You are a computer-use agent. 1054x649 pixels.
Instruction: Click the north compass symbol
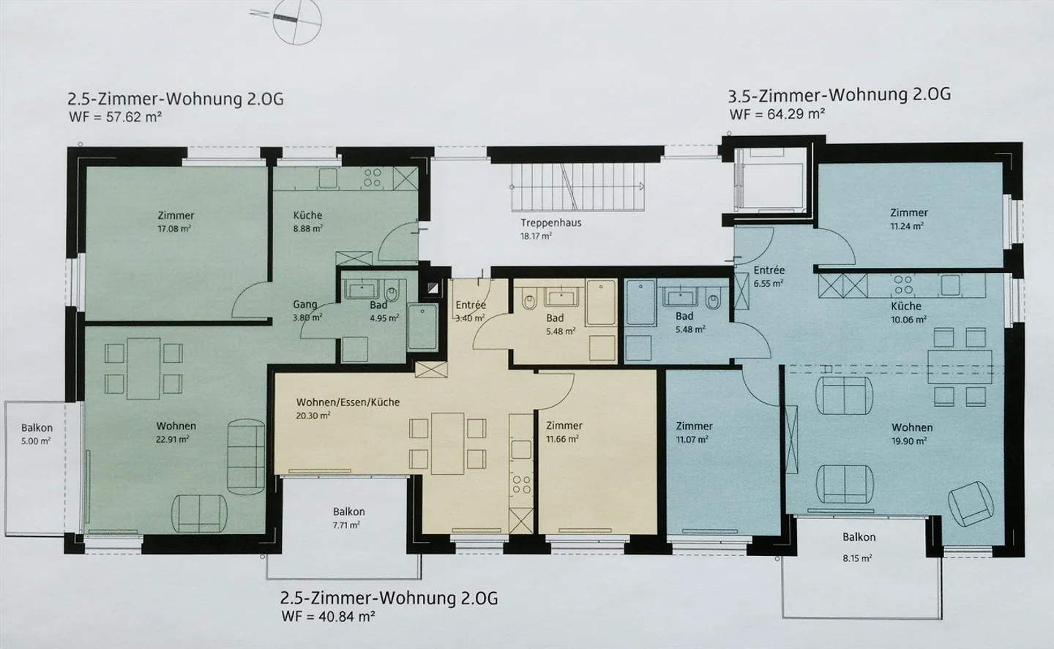[296, 20]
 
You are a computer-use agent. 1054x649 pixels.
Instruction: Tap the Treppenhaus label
[550, 223]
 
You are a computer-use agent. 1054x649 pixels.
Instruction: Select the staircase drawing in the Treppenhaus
[577, 187]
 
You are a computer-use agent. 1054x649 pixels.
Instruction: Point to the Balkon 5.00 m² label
[37, 434]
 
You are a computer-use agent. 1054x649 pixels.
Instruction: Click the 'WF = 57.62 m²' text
[116, 116]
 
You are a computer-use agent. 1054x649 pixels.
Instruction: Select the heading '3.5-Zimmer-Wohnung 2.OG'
[839, 95]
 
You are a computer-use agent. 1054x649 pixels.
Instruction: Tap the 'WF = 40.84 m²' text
[328, 615]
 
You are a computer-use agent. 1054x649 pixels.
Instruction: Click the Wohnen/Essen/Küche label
[348, 402]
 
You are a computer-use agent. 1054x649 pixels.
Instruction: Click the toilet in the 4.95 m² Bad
[391, 293]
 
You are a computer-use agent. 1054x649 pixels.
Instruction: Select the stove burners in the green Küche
[372, 177]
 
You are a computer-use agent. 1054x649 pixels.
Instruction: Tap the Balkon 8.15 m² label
[859, 547]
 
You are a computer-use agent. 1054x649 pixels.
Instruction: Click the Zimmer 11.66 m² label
[564, 432]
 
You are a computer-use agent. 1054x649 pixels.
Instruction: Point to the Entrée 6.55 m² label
[769, 277]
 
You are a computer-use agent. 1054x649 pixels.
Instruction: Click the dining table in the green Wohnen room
[143, 369]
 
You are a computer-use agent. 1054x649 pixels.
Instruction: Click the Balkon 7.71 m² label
[348, 518]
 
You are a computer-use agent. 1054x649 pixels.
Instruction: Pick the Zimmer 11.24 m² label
[908, 219]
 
